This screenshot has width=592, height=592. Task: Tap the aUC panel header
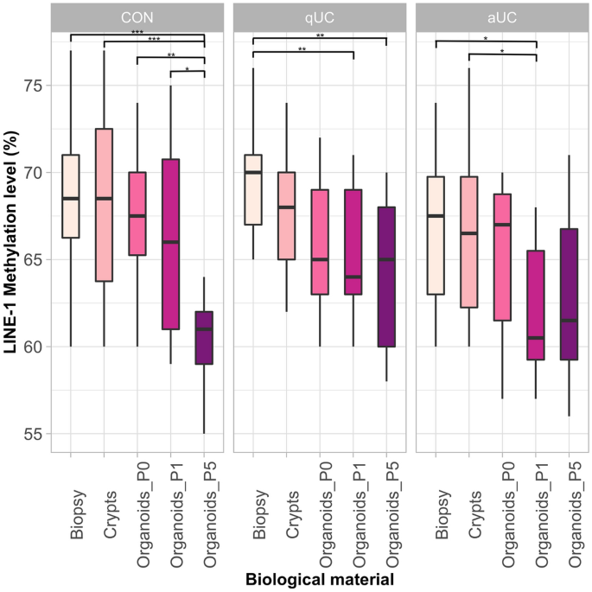pos(502,17)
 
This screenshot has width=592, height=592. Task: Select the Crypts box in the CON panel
pos(104,205)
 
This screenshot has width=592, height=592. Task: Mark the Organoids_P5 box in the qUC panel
pos(386,277)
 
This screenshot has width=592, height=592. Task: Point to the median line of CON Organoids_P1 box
pos(171,242)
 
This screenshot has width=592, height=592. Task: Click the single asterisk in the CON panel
pos(187,68)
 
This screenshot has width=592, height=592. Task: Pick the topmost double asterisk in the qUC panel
pos(320,36)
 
